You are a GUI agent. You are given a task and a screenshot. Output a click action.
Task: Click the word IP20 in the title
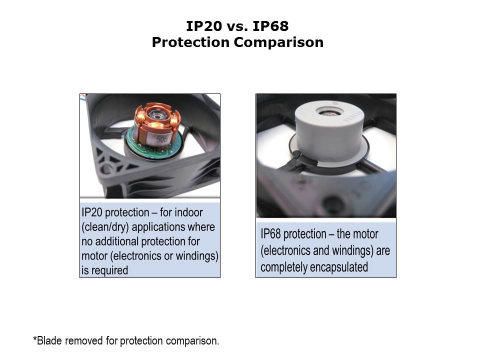(x=204, y=26)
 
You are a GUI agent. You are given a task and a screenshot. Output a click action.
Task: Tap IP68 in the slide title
(x=270, y=26)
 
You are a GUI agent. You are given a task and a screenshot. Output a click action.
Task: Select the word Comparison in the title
(x=278, y=42)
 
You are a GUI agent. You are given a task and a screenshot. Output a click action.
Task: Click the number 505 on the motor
(x=161, y=139)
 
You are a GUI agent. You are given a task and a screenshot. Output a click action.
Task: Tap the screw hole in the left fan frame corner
(x=106, y=168)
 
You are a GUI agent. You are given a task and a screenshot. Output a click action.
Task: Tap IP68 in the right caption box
(x=270, y=234)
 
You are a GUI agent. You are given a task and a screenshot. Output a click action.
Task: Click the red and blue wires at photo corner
(x=83, y=96)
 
